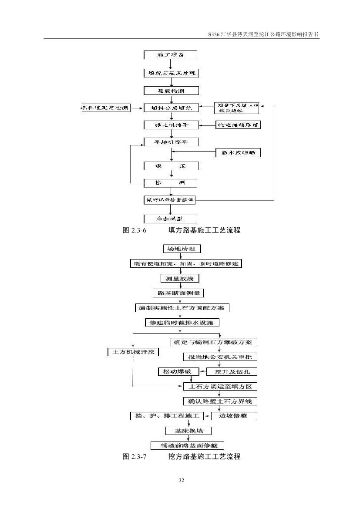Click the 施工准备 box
(x=171, y=55)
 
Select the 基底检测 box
(x=171, y=91)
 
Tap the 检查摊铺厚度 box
(x=238, y=125)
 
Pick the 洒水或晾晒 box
(x=238, y=152)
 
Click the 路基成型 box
(x=171, y=219)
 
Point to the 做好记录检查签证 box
(x=170, y=200)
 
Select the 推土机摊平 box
(x=171, y=125)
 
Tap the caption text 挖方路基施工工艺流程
(x=204, y=457)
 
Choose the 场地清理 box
(x=182, y=249)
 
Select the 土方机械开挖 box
(x=133, y=352)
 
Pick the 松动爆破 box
(x=178, y=371)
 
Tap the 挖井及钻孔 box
(x=236, y=372)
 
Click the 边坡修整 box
(x=234, y=416)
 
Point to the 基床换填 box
(x=188, y=431)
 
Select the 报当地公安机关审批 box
(x=220, y=357)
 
